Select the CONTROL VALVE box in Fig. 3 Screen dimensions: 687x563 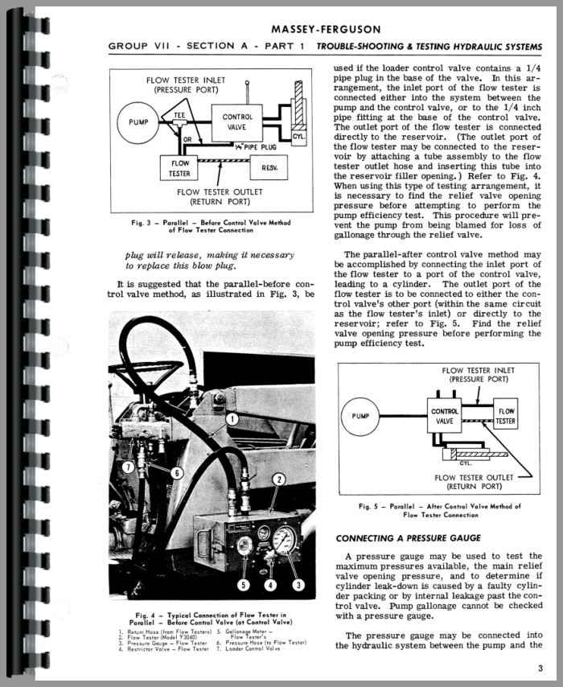coord(236,122)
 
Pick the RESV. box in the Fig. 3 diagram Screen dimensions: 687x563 coord(268,168)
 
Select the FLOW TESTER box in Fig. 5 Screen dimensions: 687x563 coord(505,416)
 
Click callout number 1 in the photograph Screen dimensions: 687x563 coord(231,418)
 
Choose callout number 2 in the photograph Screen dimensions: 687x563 coord(278,480)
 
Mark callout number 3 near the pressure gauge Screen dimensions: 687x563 coord(299,584)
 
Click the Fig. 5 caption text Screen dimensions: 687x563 coord(439,510)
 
